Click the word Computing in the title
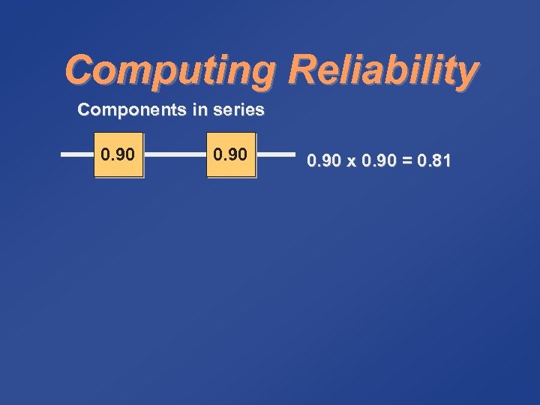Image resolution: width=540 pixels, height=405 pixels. (171, 71)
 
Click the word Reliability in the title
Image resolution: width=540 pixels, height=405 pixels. (382, 71)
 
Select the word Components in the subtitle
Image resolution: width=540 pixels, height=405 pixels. (132, 110)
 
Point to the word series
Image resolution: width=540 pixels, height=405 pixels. (238, 110)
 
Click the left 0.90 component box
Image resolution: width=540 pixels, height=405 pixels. (118, 155)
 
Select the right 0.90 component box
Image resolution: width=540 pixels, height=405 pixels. (231, 155)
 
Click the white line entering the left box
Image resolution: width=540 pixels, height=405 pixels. (76, 155)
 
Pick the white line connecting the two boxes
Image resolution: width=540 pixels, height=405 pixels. (175, 155)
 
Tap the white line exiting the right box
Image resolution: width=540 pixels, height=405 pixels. (276, 155)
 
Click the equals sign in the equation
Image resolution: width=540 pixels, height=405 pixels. (407, 160)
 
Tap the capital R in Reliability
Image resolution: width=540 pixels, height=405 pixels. (302, 70)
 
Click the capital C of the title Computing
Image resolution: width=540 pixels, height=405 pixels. (79, 70)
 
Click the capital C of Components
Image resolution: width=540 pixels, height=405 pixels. (84, 110)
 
